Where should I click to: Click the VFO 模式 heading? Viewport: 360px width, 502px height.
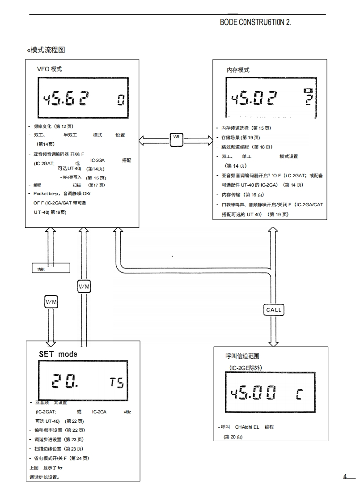49,69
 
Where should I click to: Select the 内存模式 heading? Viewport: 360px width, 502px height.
238,70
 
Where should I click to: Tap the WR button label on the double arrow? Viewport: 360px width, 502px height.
176,137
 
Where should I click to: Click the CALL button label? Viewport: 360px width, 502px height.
274,310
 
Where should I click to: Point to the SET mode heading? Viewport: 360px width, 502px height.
58,354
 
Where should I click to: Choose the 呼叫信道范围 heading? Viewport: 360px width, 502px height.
242,357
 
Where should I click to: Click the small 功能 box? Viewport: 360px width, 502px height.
51,268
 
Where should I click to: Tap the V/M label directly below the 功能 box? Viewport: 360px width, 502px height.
51,302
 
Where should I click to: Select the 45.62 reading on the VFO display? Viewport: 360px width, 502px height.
65,99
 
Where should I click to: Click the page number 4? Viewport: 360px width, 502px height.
345,476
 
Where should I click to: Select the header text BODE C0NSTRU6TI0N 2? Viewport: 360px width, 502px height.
255,22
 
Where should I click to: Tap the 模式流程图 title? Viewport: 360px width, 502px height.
47,50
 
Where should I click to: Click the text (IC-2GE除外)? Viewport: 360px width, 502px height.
246,368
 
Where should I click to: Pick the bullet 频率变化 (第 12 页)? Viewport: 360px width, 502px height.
53,127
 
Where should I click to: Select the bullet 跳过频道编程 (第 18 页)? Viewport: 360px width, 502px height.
246,147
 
